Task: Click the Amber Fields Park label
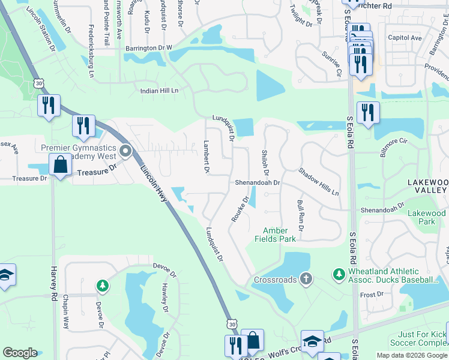pyautogui.click(x=279, y=235)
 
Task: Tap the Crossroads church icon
pyautogui.click(x=306, y=278)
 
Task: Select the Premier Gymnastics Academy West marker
pyautogui.click(x=125, y=151)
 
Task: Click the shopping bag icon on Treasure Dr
pyautogui.click(x=61, y=164)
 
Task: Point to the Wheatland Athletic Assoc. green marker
pyautogui.click(x=339, y=274)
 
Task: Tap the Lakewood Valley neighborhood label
pyautogui.click(x=427, y=186)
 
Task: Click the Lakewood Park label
pyautogui.click(x=427, y=217)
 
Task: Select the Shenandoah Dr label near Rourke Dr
pyautogui.click(x=257, y=182)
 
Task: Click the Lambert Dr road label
pyautogui.click(x=206, y=157)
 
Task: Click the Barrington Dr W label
pyautogui.click(x=148, y=47)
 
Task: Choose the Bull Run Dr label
pyautogui.click(x=300, y=215)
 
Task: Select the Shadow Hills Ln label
pyautogui.click(x=318, y=181)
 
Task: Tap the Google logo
pyautogui.click(x=20, y=353)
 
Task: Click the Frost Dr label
pyautogui.click(x=372, y=295)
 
